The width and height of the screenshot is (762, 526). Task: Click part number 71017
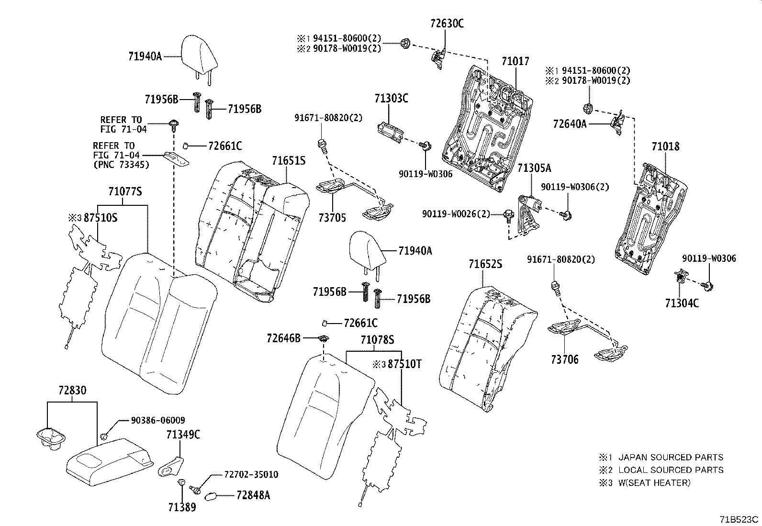(x=515, y=62)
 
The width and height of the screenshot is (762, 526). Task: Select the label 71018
(x=665, y=146)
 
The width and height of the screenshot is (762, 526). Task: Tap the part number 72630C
(x=447, y=23)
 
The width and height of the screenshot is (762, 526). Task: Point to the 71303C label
(x=391, y=99)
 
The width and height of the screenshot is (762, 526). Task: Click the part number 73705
(x=332, y=218)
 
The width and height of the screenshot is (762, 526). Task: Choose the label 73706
(x=564, y=359)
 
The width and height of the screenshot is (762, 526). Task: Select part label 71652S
(x=485, y=264)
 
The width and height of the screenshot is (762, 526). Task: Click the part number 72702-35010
(x=251, y=475)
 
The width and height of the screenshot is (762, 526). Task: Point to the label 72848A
(x=253, y=495)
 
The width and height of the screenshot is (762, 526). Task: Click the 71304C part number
(x=681, y=303)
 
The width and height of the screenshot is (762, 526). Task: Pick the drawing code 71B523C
(x=739, y=519)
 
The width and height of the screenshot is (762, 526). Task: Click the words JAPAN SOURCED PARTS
(x=670, y=458)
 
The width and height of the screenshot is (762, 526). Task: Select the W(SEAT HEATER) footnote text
(x=654, y=483)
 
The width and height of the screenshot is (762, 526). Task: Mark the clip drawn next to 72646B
(x=324, y=339)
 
